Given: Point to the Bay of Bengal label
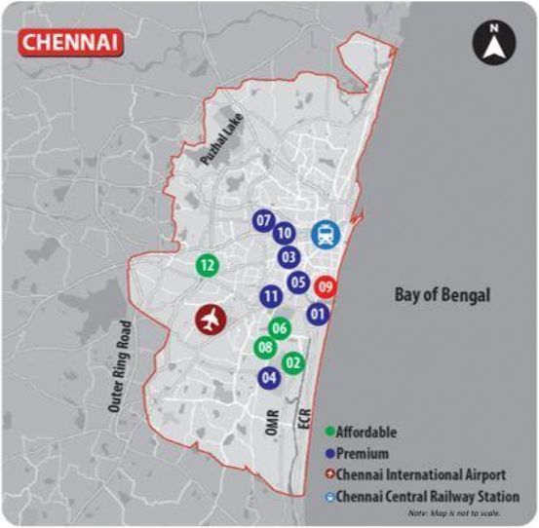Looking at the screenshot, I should (x=441, y=294).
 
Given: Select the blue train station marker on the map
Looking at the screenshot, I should (x=325, y=235).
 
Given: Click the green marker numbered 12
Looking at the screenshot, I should (x=206, y=264).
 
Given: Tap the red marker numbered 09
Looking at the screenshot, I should (x=327, y=287).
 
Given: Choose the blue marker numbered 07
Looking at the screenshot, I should (x=263, y=221).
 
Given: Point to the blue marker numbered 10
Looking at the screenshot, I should (x=284, y=233).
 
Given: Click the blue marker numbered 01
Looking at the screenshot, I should (x=317, y=314).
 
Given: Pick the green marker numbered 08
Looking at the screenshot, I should (x=263, y=347).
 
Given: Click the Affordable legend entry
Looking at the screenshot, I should (x=369, y=432).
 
